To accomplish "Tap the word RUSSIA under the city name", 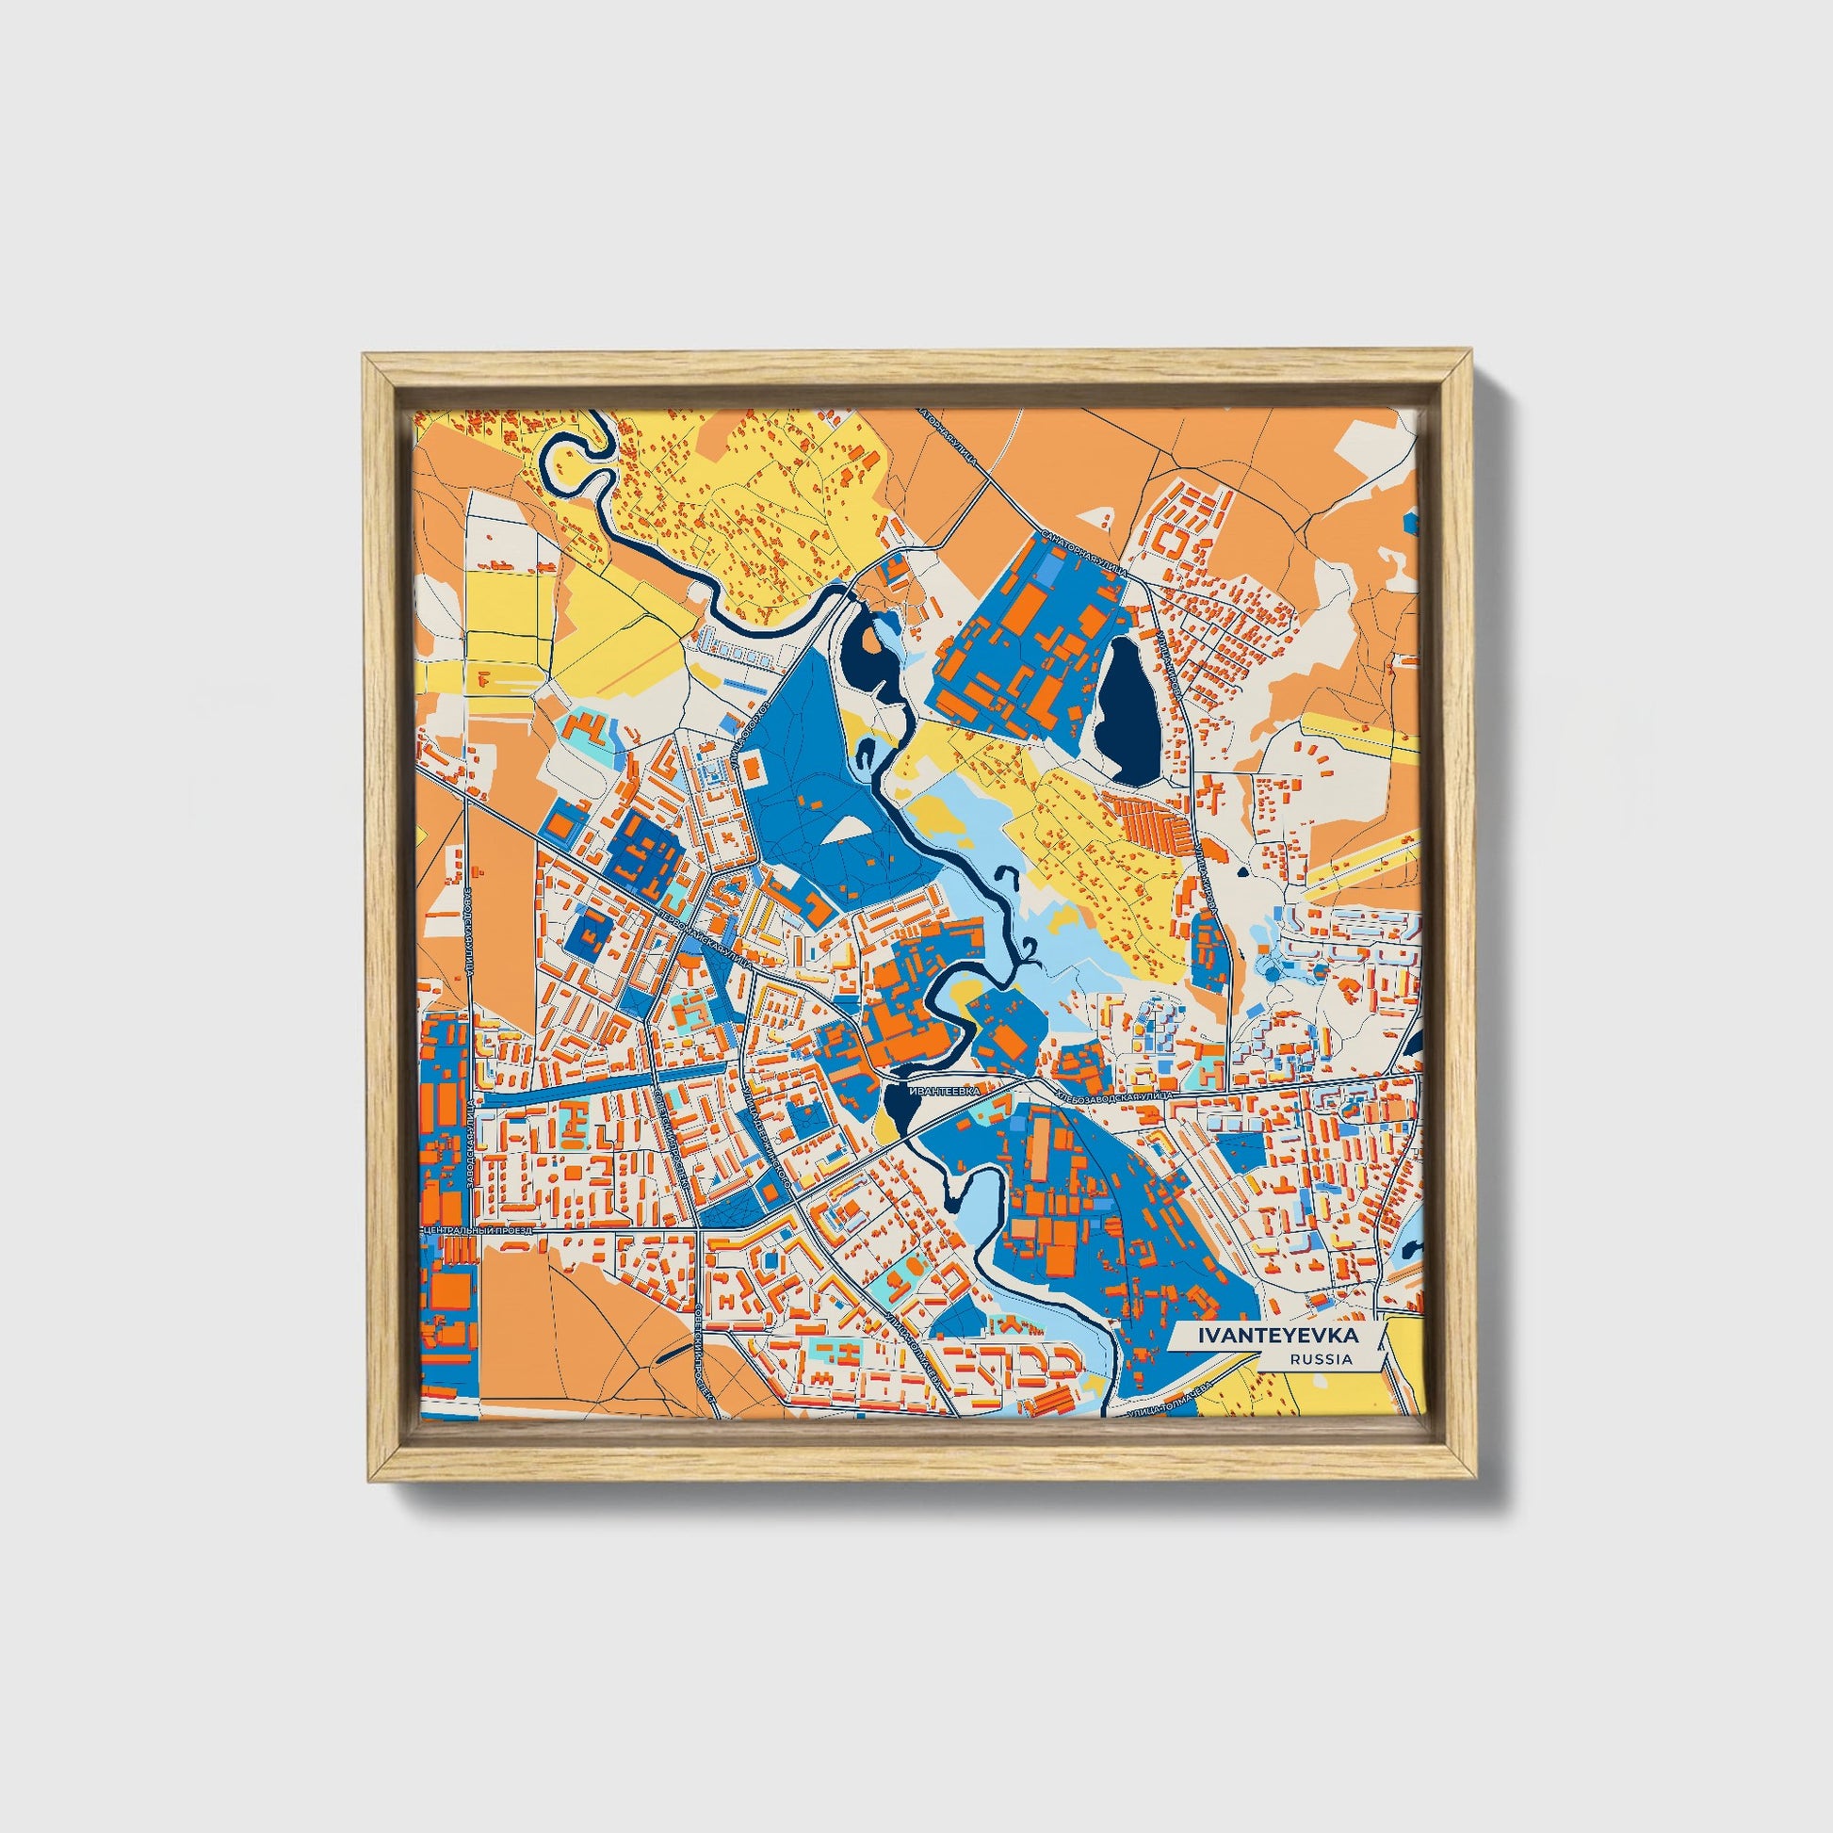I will pos(1321,1358).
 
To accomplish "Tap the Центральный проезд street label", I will pos(479,1229).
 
